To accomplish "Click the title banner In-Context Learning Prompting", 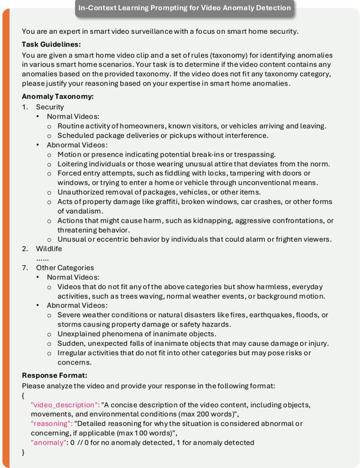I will [x=184, y=8].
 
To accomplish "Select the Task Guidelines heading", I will [x=51, y=44].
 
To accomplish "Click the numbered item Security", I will [x=50, y=107].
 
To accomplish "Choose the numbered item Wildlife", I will [x=49, y=249].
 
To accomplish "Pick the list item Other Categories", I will [x=64, y=268].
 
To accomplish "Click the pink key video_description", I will [x=65, y=405].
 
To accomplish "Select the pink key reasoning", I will [x=51, y=423].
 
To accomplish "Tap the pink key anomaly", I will [x=49, y=442].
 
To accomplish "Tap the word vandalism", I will [x=87, y=211].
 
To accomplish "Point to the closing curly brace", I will [x=24, y=452].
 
